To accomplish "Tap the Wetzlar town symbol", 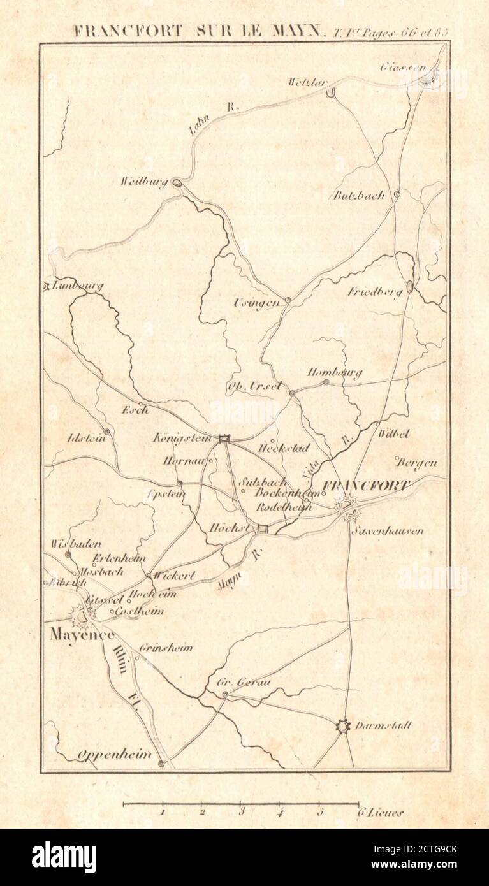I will pos(330,93).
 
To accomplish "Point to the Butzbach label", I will pos(358,196).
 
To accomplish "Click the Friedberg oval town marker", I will pos(410,287).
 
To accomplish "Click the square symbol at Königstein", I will pos(224,439).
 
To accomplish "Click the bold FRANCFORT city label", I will pos(365,486).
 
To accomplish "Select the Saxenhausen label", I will pos(388,530).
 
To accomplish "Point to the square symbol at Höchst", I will pos(263,528).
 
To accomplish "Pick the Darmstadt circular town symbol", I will pos(344,726).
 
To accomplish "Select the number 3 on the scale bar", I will pos(242,812).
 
